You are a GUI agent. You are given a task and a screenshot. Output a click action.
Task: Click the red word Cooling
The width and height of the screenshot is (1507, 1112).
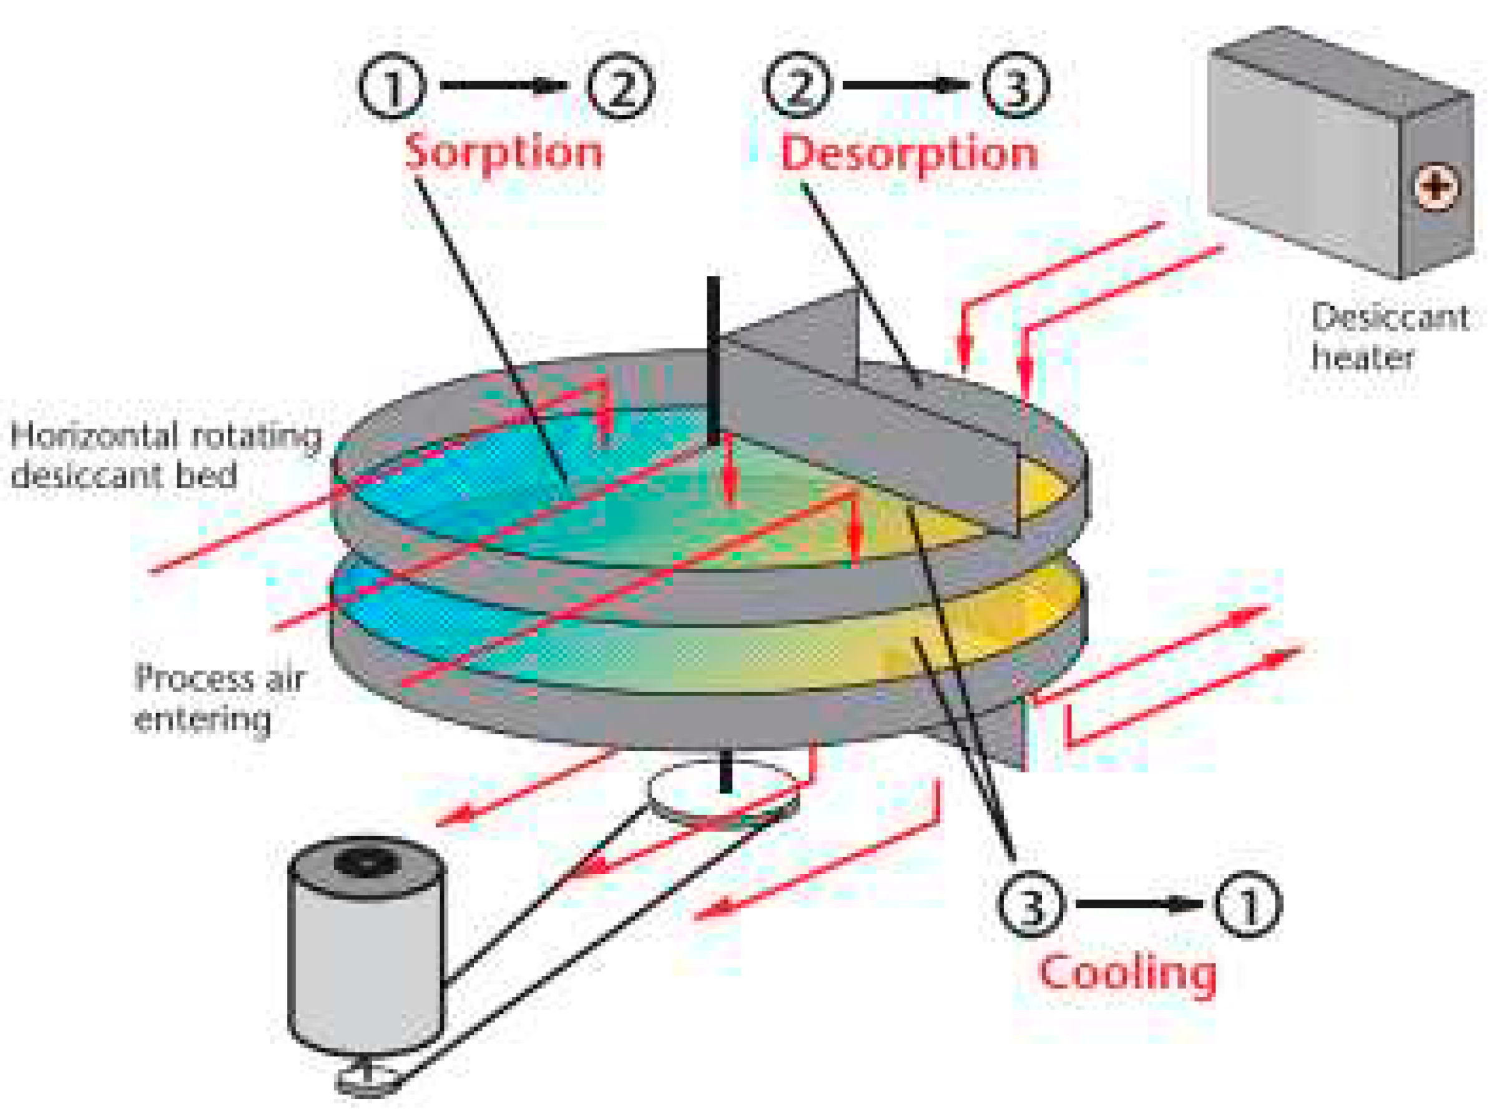[x=1127, y=972]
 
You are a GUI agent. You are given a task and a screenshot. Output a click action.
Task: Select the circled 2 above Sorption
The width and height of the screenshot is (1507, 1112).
[x=621, y=86]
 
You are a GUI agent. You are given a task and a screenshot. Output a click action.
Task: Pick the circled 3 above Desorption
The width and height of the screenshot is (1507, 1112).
[x=1016, y=86]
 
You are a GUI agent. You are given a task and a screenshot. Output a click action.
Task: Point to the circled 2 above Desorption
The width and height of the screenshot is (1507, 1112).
[x=798, y=86]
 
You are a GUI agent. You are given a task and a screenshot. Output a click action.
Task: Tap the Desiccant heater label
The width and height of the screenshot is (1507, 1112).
[x=1390, y=337]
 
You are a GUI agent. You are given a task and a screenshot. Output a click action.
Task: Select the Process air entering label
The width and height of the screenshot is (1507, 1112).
[x=219, y=698]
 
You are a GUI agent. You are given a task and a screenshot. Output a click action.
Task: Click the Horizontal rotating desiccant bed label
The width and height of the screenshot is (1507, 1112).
[x=165, y=455]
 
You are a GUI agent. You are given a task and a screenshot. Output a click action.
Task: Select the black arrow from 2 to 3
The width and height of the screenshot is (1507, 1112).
[x=906, y=86]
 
